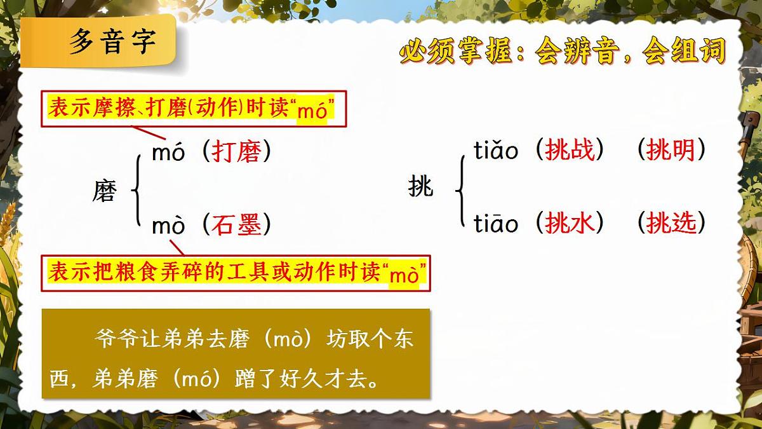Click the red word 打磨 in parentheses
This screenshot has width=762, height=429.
[236, 153]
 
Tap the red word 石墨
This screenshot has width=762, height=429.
[236, 224]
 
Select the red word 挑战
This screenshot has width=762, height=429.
[570, 151]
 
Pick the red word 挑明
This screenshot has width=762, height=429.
[671, 151]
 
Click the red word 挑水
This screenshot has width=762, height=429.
[570, 222]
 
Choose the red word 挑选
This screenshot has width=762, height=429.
[671, 222]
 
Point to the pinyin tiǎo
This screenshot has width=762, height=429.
[496, 151]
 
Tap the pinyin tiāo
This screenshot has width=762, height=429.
[496, 223]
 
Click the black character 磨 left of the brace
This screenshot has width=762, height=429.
[104, 190]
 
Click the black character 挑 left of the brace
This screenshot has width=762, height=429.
[420, 187]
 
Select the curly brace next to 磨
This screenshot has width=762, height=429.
[135, 188]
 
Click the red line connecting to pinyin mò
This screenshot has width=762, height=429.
[177, 247]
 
